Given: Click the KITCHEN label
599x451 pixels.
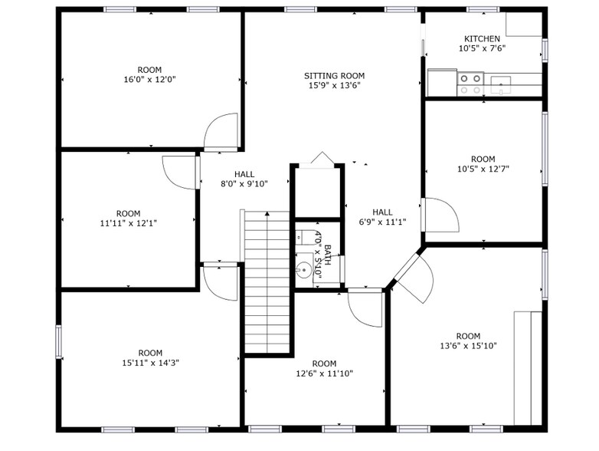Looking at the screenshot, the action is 482,38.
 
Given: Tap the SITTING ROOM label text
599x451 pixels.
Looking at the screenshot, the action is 334,76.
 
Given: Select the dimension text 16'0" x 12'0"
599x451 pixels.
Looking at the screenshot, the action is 150,80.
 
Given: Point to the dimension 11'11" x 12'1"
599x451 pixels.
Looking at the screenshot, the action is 129,223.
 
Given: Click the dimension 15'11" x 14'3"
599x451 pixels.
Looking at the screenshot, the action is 150,363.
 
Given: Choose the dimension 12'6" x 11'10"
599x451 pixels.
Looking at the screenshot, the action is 324,374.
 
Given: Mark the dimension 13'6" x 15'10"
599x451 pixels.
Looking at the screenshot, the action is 468,346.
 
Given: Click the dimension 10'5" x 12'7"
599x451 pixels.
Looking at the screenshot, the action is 483,169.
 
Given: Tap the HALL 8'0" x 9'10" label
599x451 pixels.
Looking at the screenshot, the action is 244,179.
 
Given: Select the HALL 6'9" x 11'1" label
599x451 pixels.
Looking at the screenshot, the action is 382,217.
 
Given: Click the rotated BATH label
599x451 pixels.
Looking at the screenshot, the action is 328,255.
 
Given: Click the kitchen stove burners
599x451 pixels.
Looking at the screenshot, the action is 470,84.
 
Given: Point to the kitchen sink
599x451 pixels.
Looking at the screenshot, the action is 501,85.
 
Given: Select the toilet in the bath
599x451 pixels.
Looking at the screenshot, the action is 304,237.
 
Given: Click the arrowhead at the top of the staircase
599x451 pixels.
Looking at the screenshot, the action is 267,213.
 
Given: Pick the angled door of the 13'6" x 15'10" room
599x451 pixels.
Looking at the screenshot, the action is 414,278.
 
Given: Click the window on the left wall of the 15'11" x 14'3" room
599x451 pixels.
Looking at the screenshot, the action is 58,341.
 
